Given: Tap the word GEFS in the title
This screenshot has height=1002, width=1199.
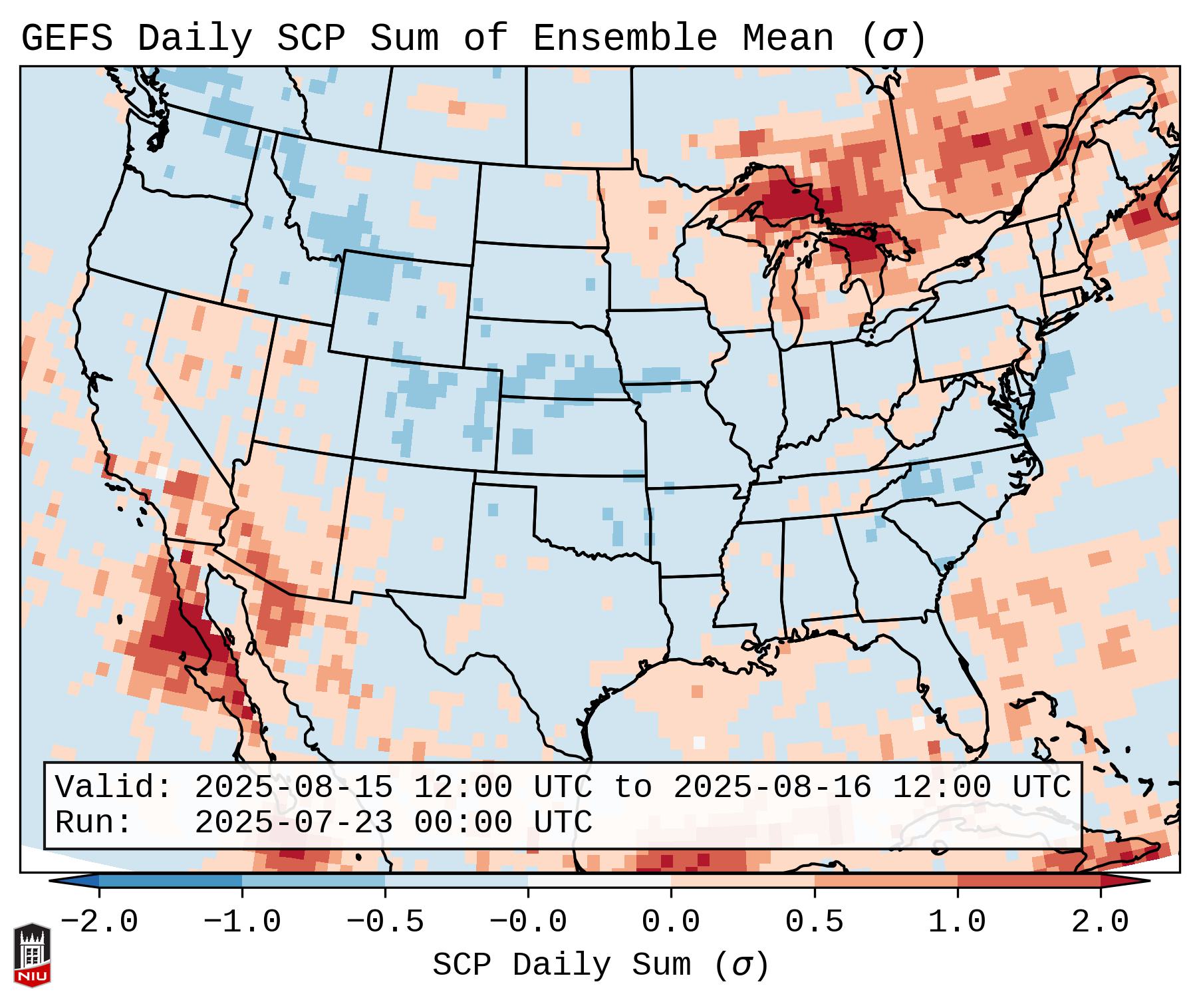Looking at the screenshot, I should [x=67, y=38].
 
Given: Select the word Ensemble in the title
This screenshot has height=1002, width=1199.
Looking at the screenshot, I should [x=624, y=38].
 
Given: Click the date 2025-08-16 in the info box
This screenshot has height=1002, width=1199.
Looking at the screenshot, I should [x=772, y=788].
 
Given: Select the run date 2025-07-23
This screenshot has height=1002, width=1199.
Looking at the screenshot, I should [x=293, y=822].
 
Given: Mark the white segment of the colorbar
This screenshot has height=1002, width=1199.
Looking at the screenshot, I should [x=599, y=880].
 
